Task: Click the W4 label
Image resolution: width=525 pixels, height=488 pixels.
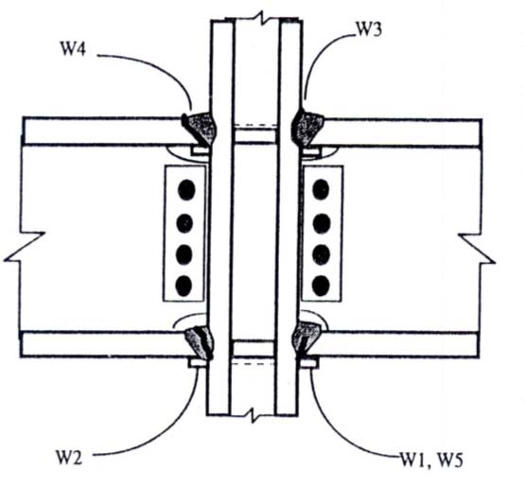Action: [x=73, y=48]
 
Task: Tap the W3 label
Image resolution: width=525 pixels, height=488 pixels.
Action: [x=368, y=30]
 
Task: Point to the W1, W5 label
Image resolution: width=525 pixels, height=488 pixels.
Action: [x=431, y=460]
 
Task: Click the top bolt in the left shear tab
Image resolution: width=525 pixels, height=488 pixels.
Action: [x=186, y=190]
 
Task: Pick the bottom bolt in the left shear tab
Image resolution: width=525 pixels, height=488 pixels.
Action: [x=184, y=286]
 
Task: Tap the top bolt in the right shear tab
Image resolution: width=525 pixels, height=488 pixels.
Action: [x=321, y=189]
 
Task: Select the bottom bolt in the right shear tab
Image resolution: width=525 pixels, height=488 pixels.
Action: [x=321, y=286]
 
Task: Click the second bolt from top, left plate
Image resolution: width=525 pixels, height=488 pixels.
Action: [x=184, y=223]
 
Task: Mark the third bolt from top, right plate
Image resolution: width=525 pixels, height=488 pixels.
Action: [x=321, y=254]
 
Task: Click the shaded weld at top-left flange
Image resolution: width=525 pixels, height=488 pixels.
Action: [x=199, y=129]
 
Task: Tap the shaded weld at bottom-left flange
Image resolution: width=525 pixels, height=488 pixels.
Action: [x=201, y=342]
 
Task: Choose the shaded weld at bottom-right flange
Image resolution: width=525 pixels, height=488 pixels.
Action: [x=306, y=339]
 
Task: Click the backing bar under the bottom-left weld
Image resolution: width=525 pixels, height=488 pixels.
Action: [x=197, y=363]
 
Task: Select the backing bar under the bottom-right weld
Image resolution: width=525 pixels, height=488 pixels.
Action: [x=308, y=363]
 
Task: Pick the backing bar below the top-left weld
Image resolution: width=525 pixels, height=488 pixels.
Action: [x=200, y=150]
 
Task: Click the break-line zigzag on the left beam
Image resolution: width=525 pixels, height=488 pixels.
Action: [x=24, y=246]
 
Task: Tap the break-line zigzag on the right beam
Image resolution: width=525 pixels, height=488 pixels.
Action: [x=477, y=249]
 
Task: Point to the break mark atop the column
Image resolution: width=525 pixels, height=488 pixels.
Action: [x=262, y=17]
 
